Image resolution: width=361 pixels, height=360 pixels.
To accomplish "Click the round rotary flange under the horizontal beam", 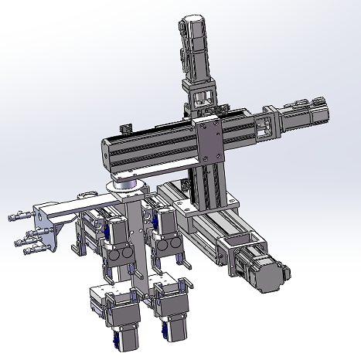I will (126, 185).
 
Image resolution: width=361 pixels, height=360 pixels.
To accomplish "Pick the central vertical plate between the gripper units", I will (138, 239).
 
